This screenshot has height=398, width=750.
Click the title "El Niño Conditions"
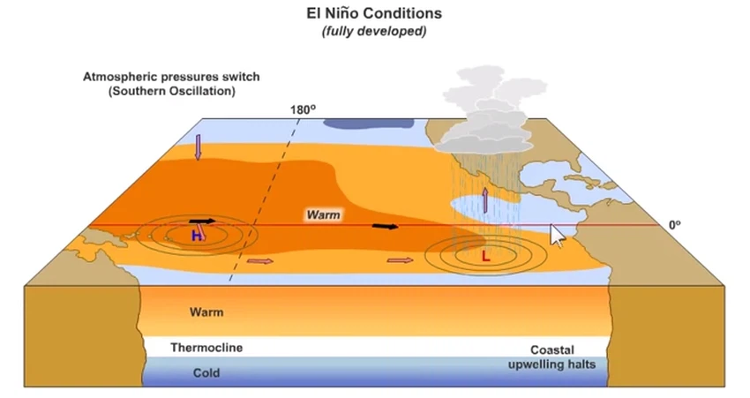pos(374,14)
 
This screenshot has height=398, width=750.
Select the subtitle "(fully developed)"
pos(374,32)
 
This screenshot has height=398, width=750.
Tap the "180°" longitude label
pos(302,111)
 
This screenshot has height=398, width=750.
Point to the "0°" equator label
pos(675,225)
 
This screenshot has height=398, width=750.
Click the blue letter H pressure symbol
pos(197,236)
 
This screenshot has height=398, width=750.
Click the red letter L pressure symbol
pos(485,257)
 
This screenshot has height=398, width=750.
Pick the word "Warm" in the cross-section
pos(206,312)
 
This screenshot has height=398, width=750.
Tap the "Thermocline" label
pos(206,348)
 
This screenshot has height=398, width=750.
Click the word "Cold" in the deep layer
pos(206,373)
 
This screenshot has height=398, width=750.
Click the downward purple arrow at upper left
pos(198,146)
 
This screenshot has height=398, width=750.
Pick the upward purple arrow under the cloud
pos(484,199)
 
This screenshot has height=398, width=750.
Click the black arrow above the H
pos(202,221)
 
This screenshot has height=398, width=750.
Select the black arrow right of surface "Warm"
pos(384,227)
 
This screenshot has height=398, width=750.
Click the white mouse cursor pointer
pos(557,235)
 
